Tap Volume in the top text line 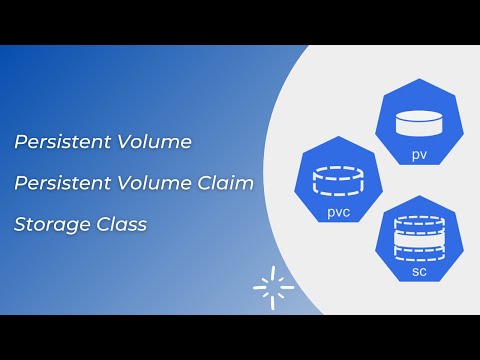coord(156,142)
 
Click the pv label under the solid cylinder coord(420,155)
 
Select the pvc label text coord(338,213)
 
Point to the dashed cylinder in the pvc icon coord(338,181)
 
